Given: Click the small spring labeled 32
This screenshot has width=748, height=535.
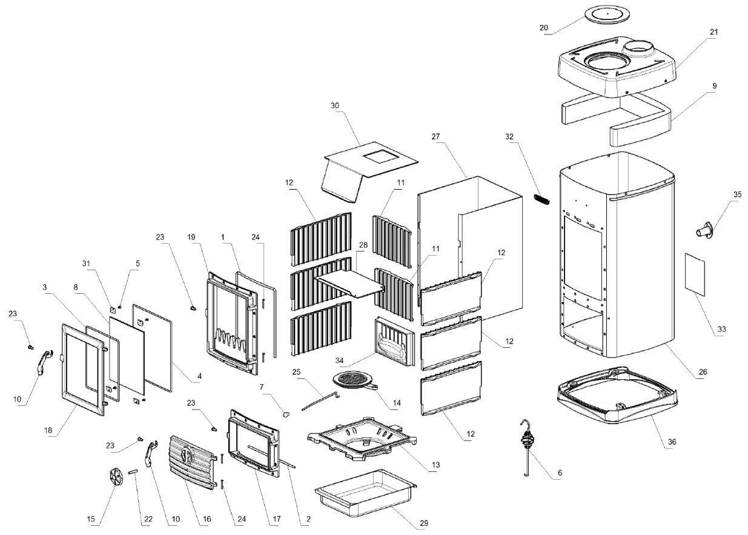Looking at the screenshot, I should tap(541, 199).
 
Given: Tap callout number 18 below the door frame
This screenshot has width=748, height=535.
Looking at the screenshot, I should tap(49, 430).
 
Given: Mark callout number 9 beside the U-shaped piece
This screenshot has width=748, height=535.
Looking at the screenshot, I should tap(715, 86).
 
